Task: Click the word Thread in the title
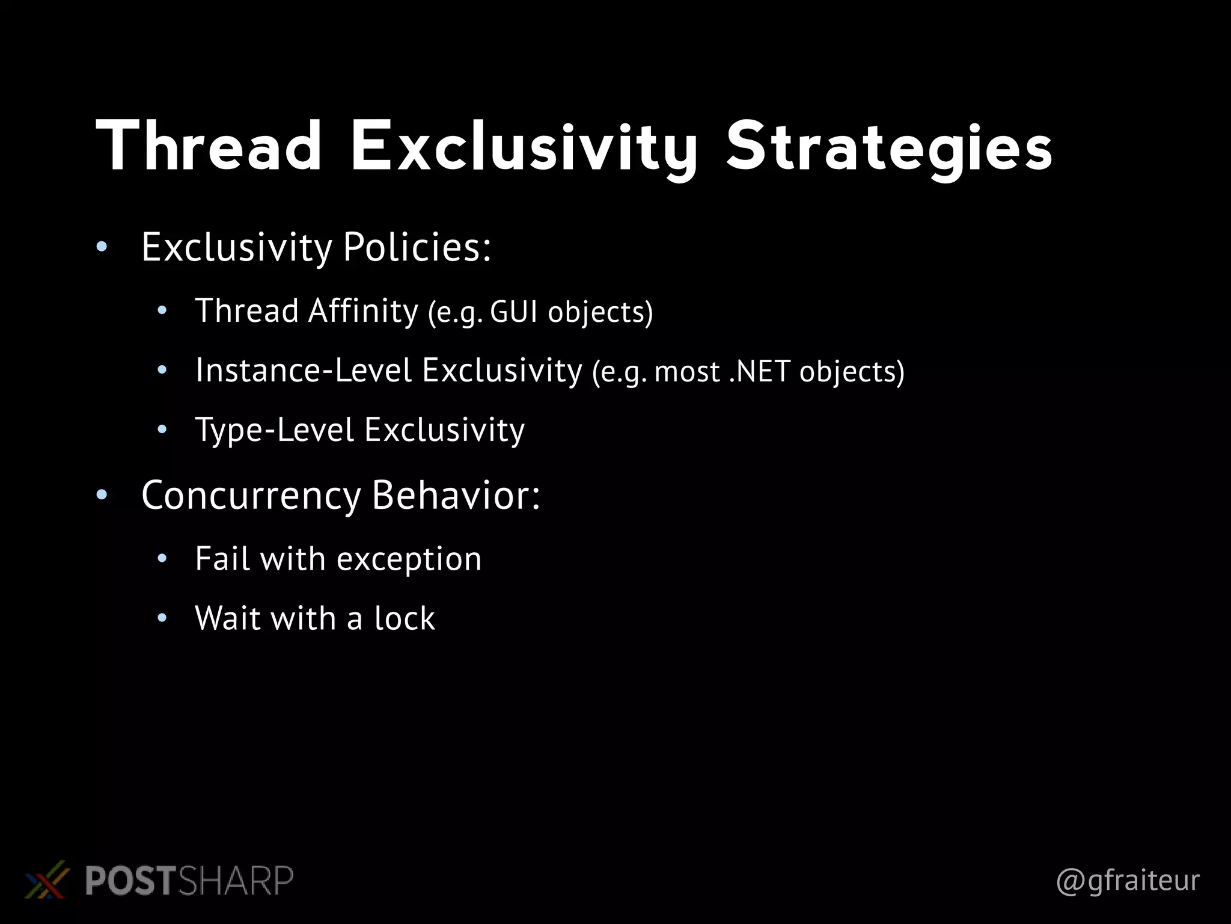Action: [x=209, y=146]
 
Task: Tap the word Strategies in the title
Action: [x=889, y=148]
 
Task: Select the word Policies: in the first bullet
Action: [x=417, y=247]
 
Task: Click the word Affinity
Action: [x=363, y=311]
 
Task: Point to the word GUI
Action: [x=514, y=312]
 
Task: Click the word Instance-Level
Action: [x=304, y=370]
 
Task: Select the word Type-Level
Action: [x=275, y=430]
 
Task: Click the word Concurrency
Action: [x=251, y=495]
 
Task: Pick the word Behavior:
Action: [x=456, y=495]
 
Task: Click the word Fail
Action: [x=222, y=558]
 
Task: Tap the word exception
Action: [x=409, y=559]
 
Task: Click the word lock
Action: [x=405, y=618]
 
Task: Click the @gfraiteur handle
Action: [x=1128, y=880]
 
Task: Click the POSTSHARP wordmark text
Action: [x=189, y=880]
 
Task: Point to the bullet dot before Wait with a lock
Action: [x=161, y=618]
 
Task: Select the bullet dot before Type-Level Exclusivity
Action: [x=161, y=430]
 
